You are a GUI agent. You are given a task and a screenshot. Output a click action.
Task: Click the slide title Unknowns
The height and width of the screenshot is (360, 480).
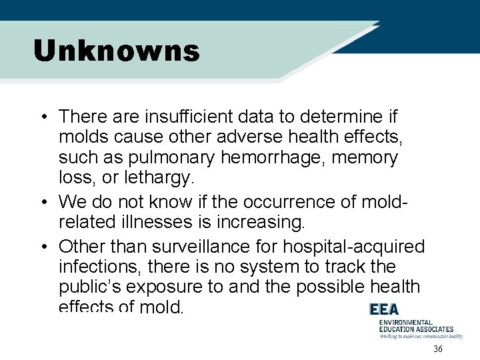[117, 51]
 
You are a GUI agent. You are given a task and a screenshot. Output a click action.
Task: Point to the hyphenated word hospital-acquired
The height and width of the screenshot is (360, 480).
[353, 247]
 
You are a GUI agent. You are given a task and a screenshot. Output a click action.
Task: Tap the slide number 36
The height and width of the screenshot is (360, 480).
[438, 349]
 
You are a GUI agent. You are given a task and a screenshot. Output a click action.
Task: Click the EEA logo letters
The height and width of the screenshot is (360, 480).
[384, 310]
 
